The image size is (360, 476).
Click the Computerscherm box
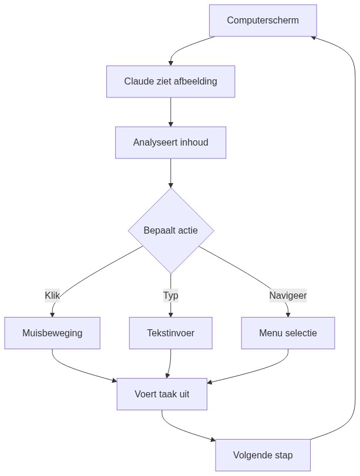click(x=263, y=21)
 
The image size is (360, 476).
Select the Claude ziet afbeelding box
click(x=170, y=82)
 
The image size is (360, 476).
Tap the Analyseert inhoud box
click(x=170, y=143)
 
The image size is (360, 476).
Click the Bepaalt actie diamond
click(x=170, y=230)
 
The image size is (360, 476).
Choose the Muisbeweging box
click(x=52, y=333)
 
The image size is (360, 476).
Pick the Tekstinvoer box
click(x=170, y=333)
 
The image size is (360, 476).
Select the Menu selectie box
click(x=288, y=333)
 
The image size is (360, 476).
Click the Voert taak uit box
click(x=162, y=394)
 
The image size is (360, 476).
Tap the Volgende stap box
click(x=263, y=455)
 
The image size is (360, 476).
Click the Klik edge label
click(x=52, y=295)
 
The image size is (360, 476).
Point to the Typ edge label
click(x=170, y=295)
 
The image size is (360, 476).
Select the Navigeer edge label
click(x=288, y=295)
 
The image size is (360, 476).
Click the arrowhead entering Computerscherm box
click(x=314, y=38)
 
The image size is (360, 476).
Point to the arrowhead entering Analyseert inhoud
click(x=170, y=124)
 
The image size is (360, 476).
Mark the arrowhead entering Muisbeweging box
click(x=52, y=315)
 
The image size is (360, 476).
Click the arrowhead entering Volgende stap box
click(x=213, y=438)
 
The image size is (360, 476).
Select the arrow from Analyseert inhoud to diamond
click(x=170, y=173)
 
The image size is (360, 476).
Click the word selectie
click(x=300, y=333)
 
